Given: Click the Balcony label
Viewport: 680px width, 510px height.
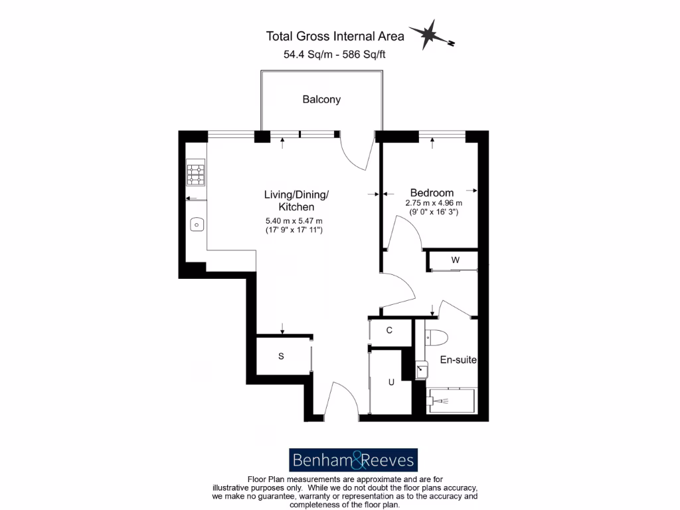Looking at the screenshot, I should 321,100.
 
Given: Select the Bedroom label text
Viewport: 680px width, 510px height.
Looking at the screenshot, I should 432,193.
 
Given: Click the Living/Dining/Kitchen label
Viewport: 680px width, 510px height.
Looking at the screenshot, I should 296,201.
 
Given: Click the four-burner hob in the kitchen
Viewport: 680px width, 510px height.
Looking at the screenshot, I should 196,174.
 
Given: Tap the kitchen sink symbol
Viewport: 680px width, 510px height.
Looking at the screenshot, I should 197,225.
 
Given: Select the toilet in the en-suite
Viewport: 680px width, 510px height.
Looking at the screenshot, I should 436,337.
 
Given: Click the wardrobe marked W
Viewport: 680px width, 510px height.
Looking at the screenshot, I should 455,260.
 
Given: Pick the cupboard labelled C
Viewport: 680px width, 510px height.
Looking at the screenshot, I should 390,331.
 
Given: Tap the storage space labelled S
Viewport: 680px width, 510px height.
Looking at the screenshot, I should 281,357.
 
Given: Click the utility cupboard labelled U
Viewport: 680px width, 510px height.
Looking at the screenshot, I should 391,382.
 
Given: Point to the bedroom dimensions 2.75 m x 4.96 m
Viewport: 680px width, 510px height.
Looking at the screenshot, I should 434,203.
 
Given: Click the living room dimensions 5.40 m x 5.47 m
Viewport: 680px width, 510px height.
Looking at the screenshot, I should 294,221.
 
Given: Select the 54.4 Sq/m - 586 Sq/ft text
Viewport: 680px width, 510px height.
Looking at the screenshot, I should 334,55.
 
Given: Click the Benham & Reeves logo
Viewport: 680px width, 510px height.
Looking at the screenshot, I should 353,460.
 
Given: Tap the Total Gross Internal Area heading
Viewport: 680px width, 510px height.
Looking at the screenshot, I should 335,36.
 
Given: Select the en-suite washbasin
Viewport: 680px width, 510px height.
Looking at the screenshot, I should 422,369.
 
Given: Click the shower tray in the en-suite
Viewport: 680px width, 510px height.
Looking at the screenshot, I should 452,401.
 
